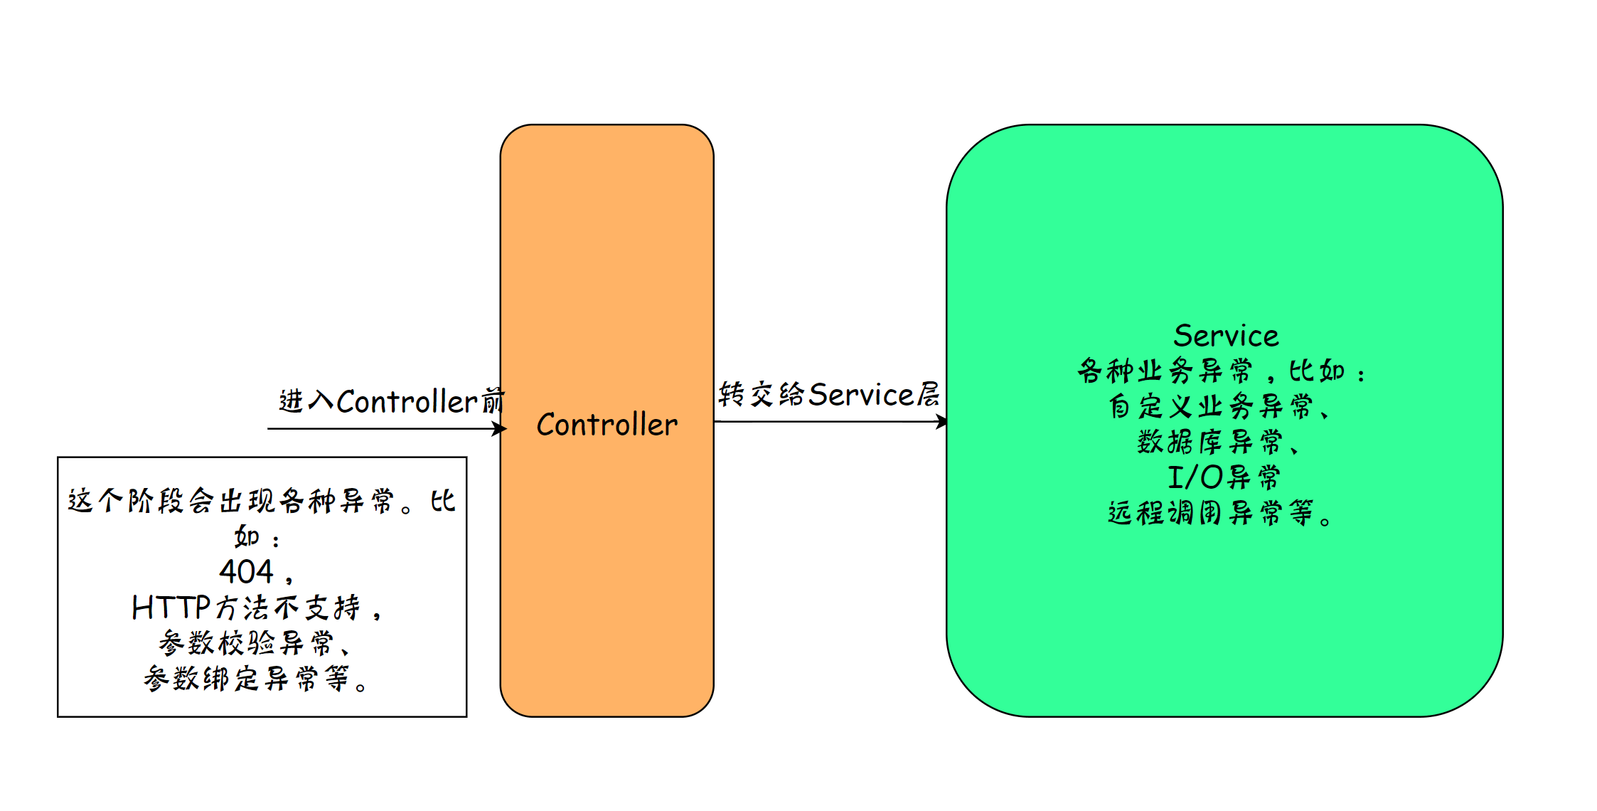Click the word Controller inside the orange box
click(607, 425)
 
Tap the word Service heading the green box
click(1226, 336)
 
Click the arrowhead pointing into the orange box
click(501, 428)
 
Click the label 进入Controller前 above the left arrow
click(391, 401)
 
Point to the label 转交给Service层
click(828, 395)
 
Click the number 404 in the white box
click(246, 571)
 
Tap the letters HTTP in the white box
click(171, 608)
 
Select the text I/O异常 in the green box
click(1224, 477)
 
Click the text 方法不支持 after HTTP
click(288, 608)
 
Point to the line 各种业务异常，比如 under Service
click(1220, 371)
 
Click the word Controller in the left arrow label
click(407, 402)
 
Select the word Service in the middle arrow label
click(860, 395)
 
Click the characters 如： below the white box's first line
click(256, 536)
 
